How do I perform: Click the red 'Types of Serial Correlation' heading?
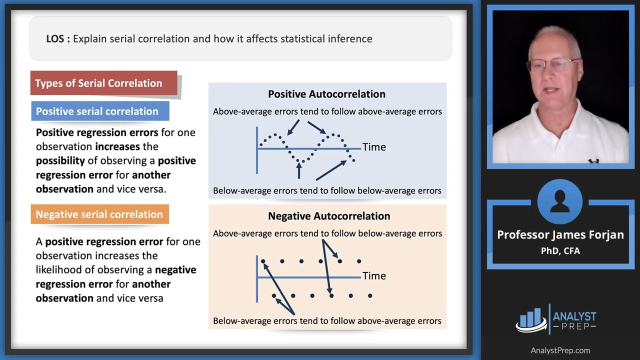pyautogui.click(x=103, y=83)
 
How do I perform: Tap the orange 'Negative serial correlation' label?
pyautogui.click(x=99, y=214)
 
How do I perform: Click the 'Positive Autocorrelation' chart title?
pyautogui.click(x=326, y=94)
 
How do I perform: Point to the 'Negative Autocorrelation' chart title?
pyautogui.click(x=329, y=216)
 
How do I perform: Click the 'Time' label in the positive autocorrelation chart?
pyautogui.click(x=374, y=147)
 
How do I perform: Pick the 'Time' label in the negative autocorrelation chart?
pyautogui.click(x=374, y=275)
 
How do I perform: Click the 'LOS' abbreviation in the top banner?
pyautogui.click(x=55, y=38)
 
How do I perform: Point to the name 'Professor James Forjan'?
pyautogui.click(x=560, y=234)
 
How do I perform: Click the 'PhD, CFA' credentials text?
pyautogui.click(x=560, y=250)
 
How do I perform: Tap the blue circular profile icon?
pyautogui.click(x=560, y=201)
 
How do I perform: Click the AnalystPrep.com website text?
pyautogui.click(x=560, y=350)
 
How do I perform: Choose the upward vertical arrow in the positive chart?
pyautogui.click(x=299, y=171)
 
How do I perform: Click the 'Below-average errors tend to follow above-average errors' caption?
pyautogui.click(x=327, y=320)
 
